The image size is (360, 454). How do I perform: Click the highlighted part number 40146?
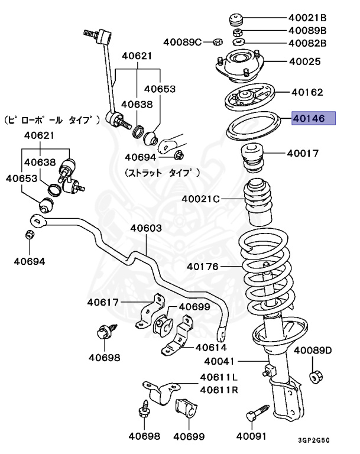tap(313, 119)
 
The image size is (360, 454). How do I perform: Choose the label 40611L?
tap(219, 377)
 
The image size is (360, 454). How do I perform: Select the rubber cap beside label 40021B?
tap(236, 18)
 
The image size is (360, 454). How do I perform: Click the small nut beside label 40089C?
tap(217, 42)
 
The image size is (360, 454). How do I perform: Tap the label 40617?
tap(103, 302)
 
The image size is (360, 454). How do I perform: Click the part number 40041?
tap(220, 361)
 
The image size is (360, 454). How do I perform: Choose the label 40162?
tap(307, 92)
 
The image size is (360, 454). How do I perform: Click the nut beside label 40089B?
tap(238, 31)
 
